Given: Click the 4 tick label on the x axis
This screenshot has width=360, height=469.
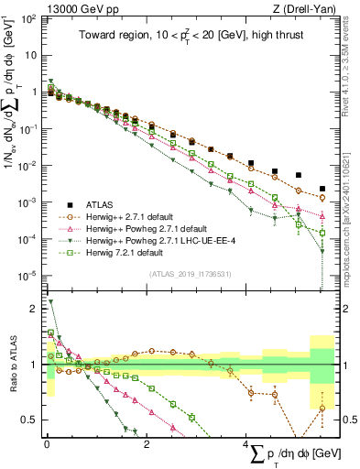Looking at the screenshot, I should [x=246, y=444].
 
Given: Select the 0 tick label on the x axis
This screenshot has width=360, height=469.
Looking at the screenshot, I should [x=47, y=444].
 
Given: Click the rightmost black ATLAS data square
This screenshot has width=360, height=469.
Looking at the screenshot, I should [x=322, y=189].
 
